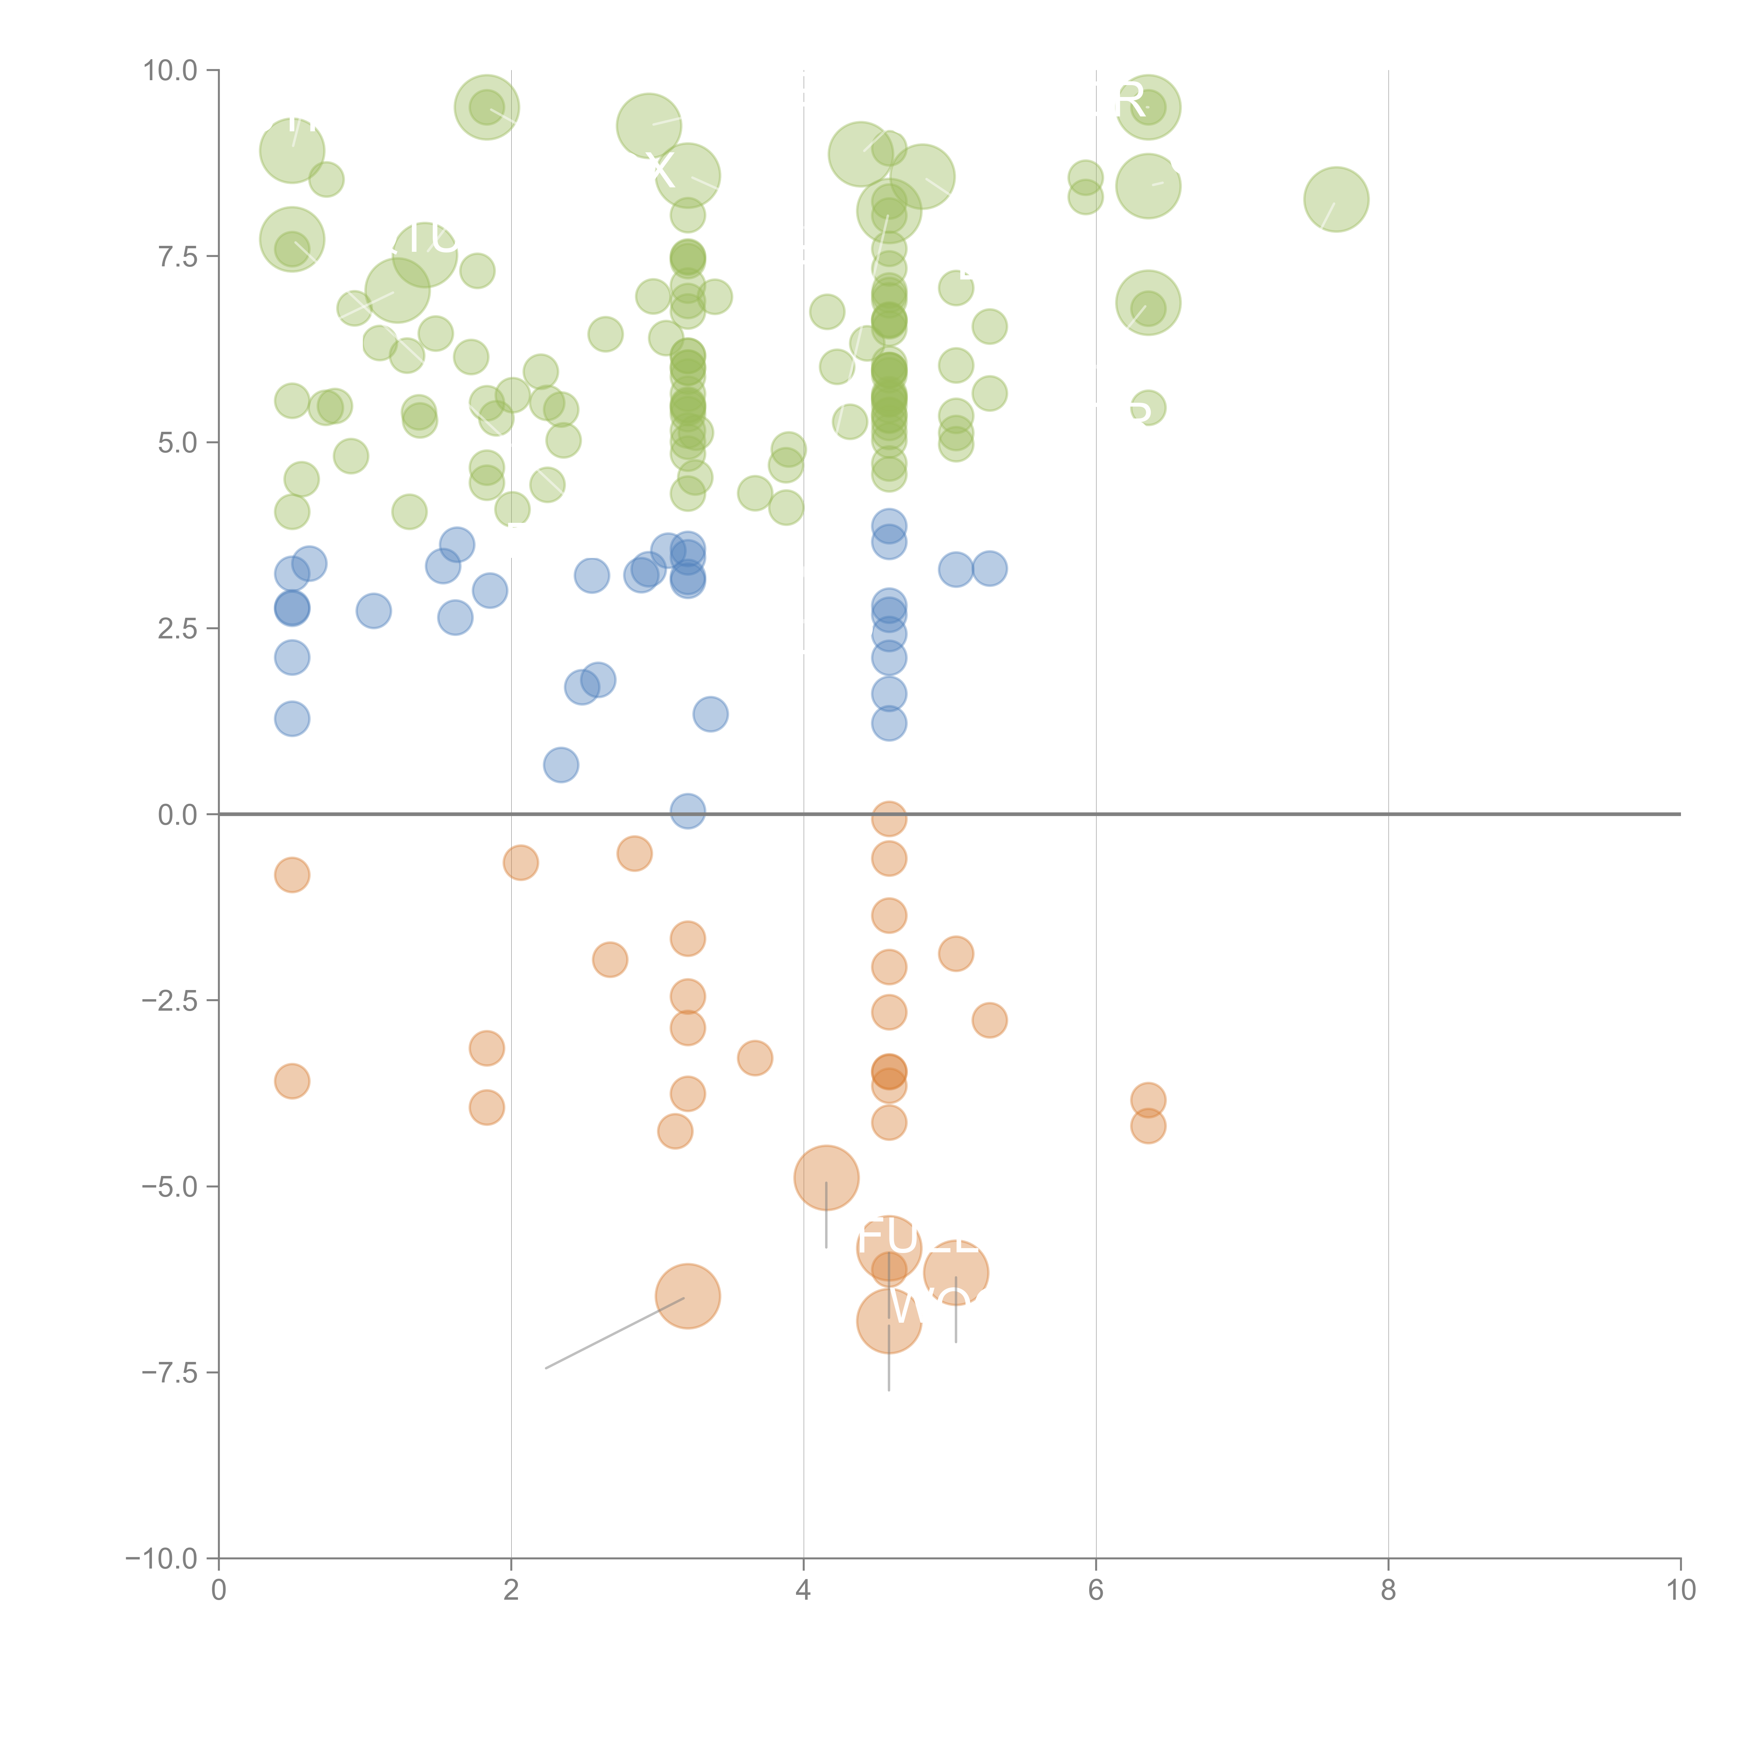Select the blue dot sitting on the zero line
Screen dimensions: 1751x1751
click(x=688, y=811)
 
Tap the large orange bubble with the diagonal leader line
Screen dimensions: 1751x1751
click(x=688, y=1296)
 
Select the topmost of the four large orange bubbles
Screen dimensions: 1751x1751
click(x=826, y=1177)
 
